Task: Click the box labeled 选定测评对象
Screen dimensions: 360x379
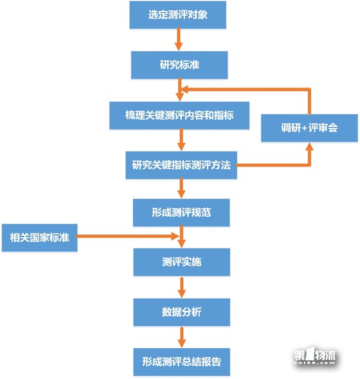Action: tap(178, 15)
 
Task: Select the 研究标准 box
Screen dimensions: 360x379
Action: tap(179, 65)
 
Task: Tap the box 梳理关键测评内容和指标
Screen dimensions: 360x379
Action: tap(179, 115)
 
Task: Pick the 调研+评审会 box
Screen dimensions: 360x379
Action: tap(309, 128)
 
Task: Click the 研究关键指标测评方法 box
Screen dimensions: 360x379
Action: tap(181, 165)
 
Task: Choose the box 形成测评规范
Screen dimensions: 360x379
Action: tap(181, 213)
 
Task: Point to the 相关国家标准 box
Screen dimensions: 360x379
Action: tap(40, 238)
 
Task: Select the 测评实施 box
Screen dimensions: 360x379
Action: tap(182, 262)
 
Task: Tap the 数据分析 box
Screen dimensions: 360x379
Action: tap(182, 312)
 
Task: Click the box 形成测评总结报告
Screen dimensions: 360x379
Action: tap(182, 362)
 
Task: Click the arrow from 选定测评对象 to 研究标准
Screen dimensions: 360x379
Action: tap(179, 39)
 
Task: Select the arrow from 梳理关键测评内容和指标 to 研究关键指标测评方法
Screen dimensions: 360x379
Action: tap(181, 139)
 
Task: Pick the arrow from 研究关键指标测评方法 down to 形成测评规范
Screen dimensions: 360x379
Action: tap(181, 188)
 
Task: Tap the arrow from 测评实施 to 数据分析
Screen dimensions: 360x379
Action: tap(182, 287)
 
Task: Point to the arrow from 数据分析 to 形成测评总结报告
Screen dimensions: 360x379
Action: tap(182, 337)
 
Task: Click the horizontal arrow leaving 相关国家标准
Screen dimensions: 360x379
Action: tap(127, 236)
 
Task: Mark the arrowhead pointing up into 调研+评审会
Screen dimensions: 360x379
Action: tap(309, 147)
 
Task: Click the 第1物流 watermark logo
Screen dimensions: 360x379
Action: tap(315, 355)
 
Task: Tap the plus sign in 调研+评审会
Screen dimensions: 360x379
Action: tap(304, 128)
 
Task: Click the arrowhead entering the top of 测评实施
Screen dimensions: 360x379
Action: tap(181, 243)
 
